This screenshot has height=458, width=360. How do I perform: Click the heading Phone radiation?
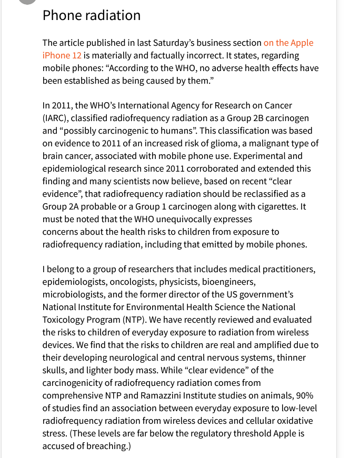click(x=92, y=16)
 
